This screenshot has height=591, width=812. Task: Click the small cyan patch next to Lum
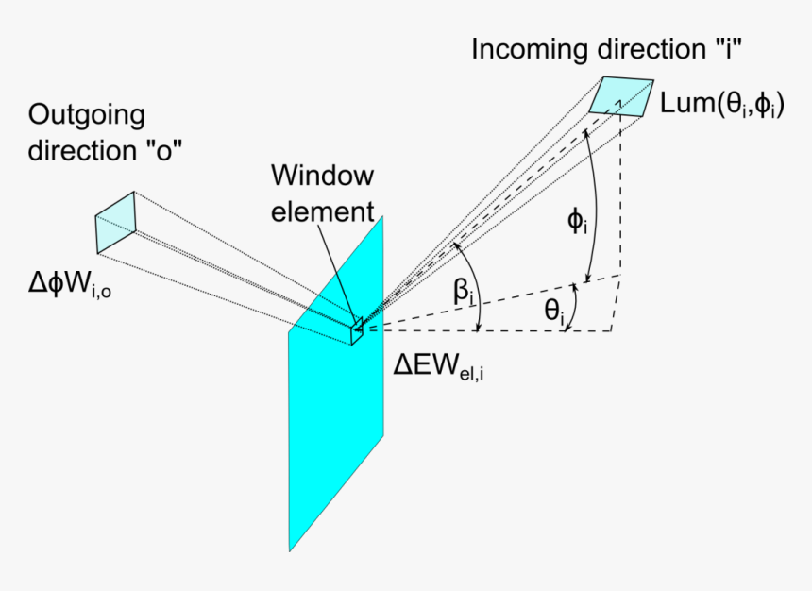[621, 95]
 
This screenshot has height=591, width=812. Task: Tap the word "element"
[322, 211]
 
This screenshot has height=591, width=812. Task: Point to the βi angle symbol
[464, 292]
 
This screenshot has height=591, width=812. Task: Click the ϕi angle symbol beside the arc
[575, 222]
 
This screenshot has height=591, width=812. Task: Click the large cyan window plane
[336, 425]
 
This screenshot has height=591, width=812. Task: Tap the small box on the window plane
[357, 330]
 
